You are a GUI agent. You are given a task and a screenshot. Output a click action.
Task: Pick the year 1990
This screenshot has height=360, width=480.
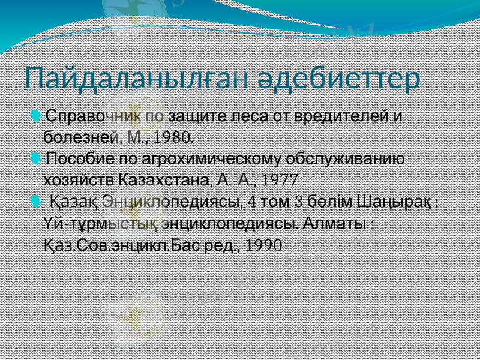(264, 245)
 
